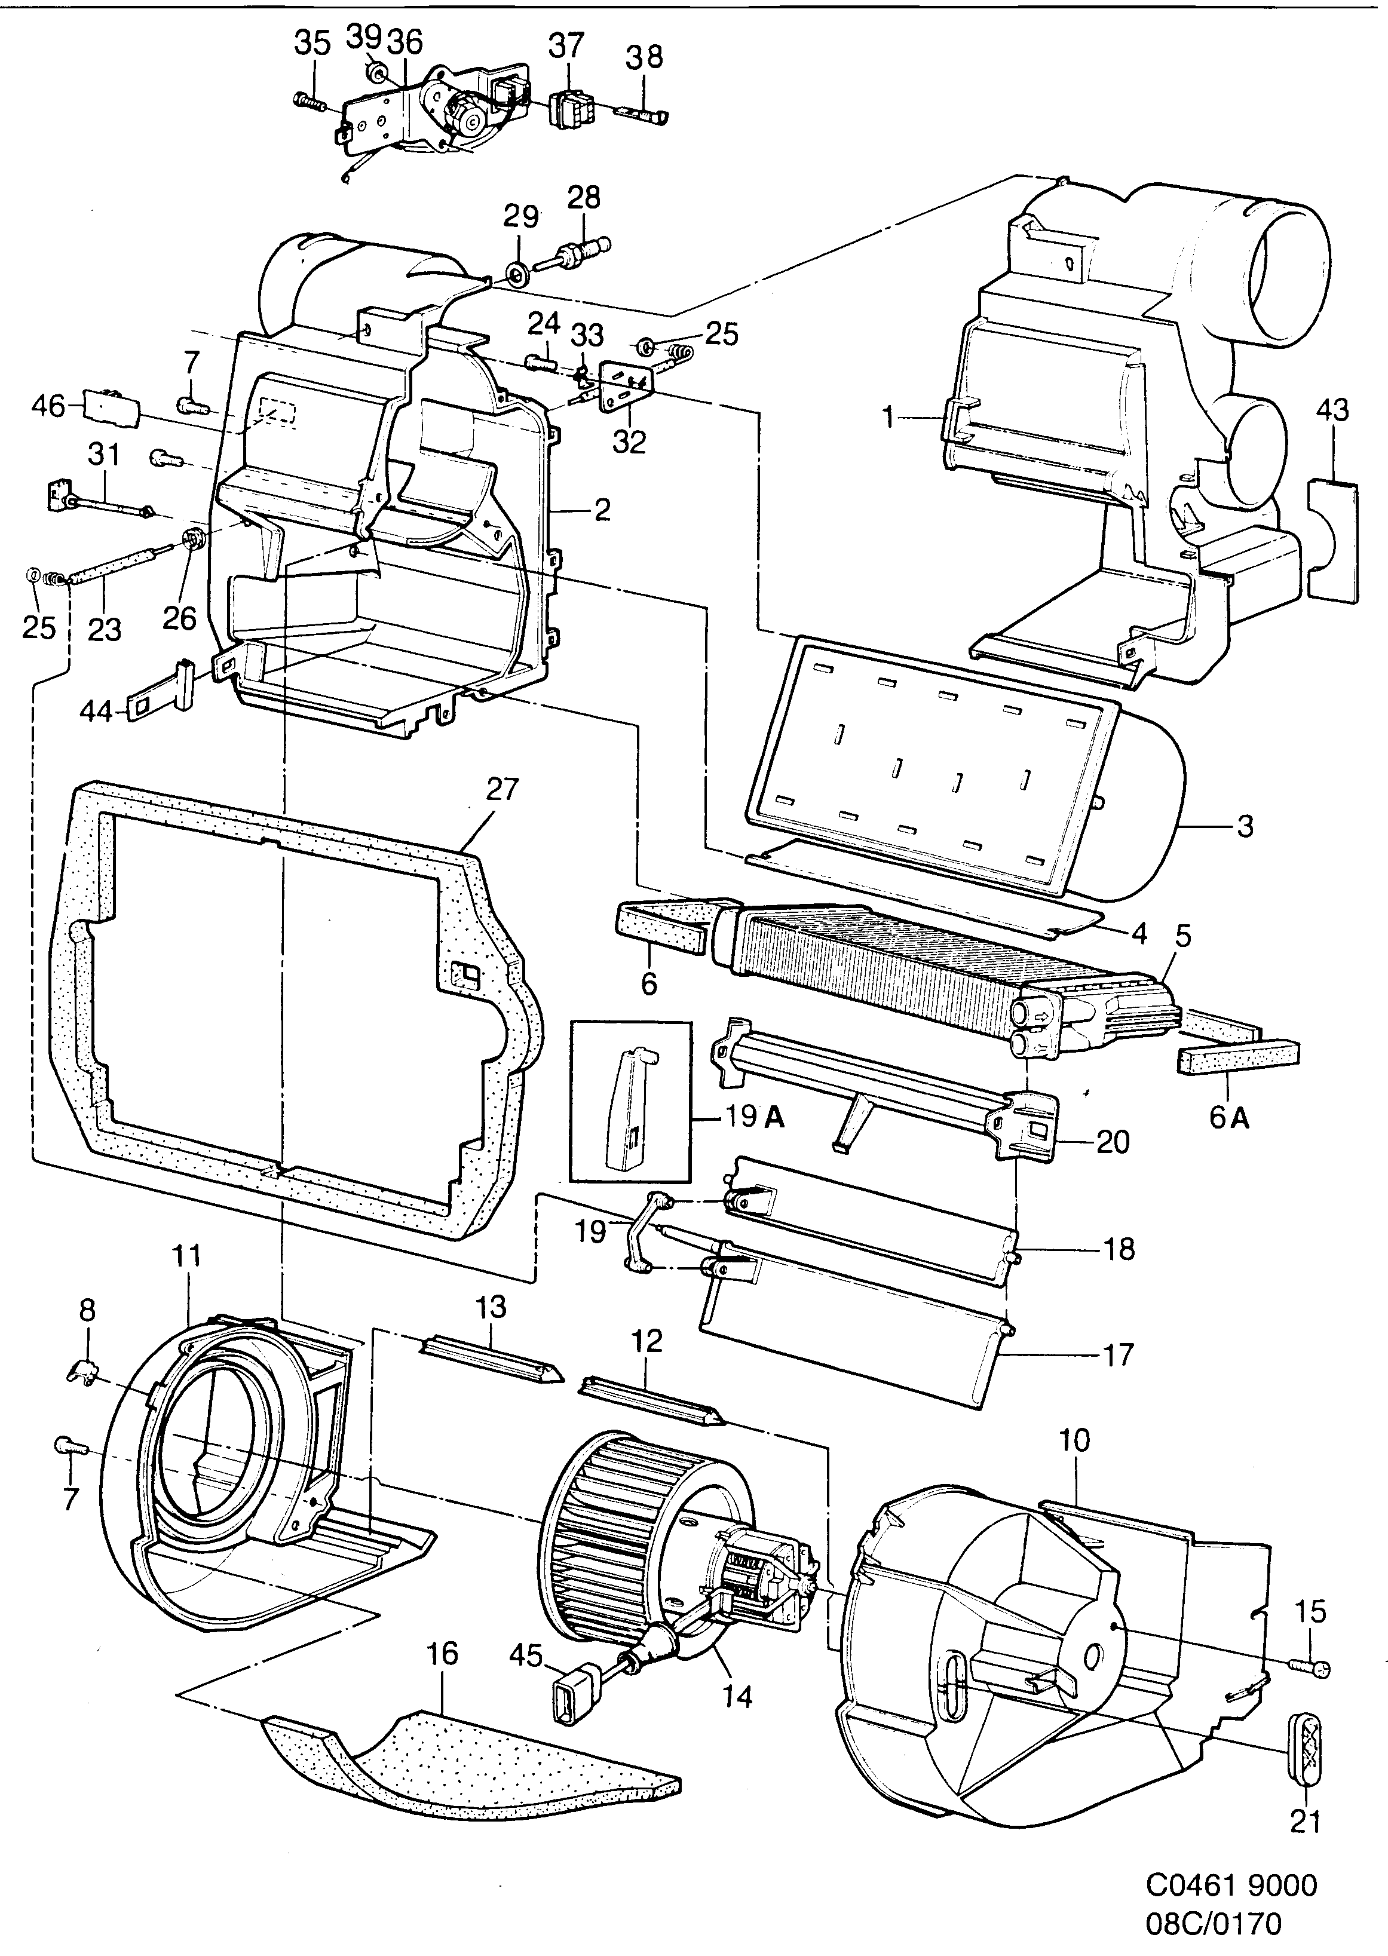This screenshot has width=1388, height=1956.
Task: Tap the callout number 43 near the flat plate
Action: pos(1332,411)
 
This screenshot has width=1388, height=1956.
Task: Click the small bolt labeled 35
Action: pos(310,102)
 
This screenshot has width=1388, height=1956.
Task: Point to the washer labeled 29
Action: pos(516,274)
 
